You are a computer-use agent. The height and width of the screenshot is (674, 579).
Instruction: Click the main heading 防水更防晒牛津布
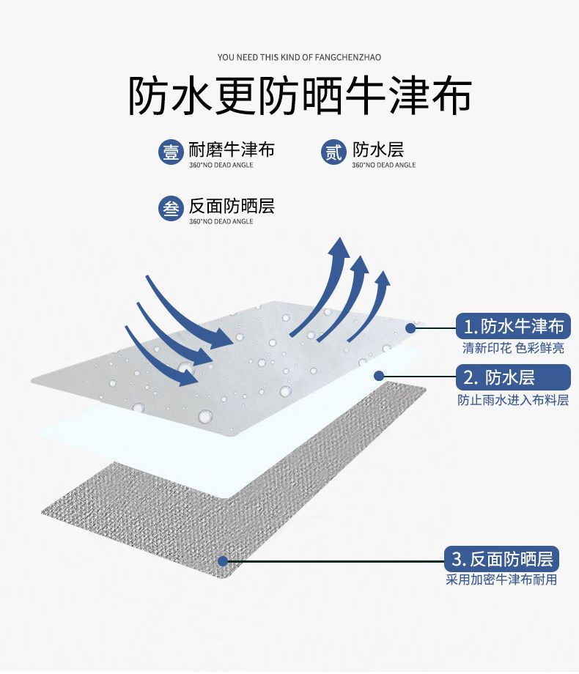tap(300, 97)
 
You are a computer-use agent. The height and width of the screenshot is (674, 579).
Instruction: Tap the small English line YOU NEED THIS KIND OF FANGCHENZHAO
tap(300, 57)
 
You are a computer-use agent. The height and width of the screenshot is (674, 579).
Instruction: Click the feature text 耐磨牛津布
tap(232, 149)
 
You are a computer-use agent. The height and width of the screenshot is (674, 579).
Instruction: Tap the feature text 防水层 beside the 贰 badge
tap(378, 149)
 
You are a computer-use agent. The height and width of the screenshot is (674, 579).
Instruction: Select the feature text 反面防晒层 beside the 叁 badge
tap(232, 206)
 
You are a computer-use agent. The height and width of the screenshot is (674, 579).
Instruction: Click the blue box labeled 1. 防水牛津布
tap(513, 326)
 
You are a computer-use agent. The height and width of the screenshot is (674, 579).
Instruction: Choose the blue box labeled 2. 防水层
tap(513, 377)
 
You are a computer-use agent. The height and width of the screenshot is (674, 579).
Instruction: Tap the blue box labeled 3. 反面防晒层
tap(502, 560)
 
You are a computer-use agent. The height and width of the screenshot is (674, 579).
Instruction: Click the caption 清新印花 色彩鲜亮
tap(513, 349)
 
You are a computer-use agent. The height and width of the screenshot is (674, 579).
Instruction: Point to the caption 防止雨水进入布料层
tap(513, 400)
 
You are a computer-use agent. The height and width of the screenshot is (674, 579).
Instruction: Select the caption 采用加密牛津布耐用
tap(502, 580)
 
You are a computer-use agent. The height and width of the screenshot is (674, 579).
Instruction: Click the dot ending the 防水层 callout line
tap(379, 377)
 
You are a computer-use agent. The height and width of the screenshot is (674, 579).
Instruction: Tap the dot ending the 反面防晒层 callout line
tap(223, 561)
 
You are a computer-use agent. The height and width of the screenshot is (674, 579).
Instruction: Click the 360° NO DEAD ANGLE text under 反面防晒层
tap(221, 221)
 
